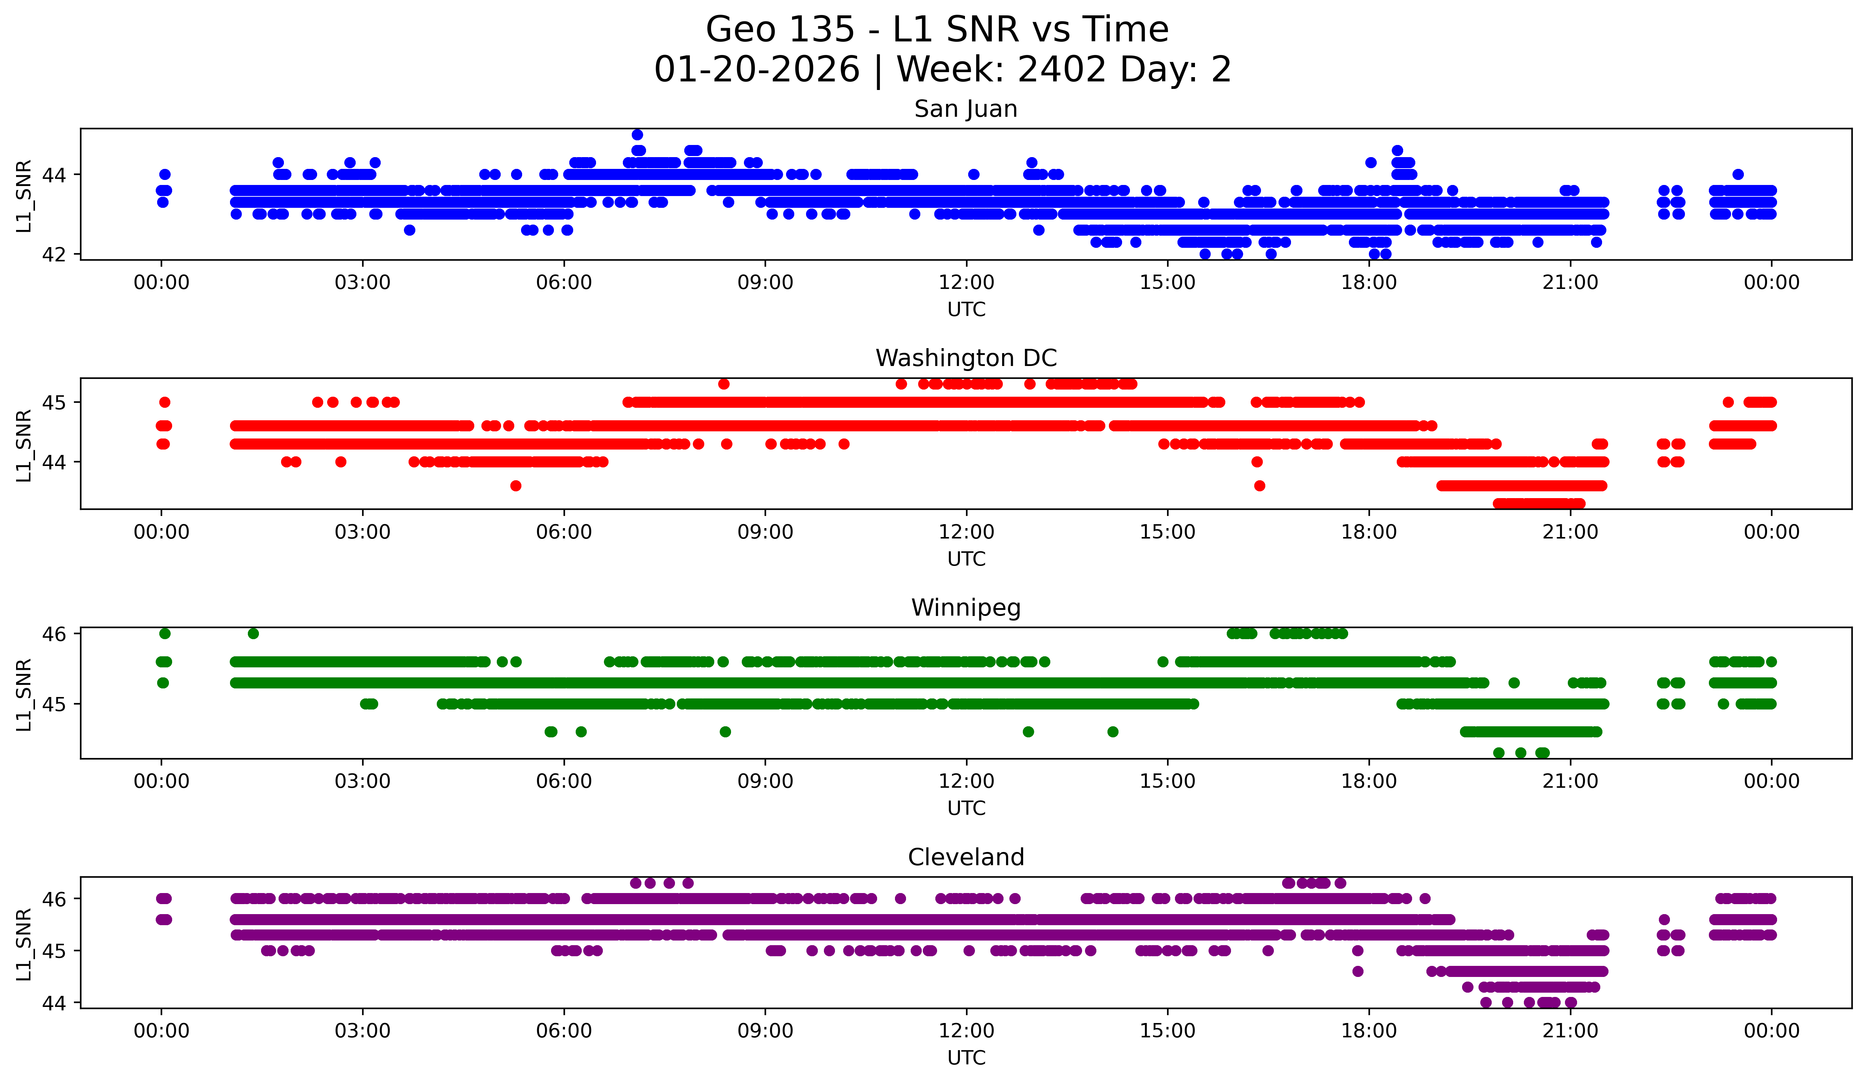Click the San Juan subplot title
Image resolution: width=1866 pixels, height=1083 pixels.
tap(966, 109)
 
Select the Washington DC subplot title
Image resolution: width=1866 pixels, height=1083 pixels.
tap(966, 358)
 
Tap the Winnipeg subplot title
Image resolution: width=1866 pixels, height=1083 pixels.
tap(966, 608)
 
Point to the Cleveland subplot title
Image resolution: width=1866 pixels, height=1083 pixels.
tap(966, 857)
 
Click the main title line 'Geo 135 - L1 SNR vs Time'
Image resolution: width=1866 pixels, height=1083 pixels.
tap(937, 30)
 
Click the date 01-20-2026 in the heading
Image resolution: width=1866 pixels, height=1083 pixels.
tap(757, 70)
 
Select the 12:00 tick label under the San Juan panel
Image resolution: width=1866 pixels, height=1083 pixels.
tap(966, 282)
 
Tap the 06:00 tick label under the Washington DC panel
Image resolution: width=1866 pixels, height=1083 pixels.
tap(564, 532)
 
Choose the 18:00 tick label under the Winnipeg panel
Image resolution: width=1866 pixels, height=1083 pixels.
tap(1369, 781)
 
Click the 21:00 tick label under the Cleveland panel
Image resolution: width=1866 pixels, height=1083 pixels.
tap(1570, 1031)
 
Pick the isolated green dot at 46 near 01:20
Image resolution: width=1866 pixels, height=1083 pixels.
tap(253, 633)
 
